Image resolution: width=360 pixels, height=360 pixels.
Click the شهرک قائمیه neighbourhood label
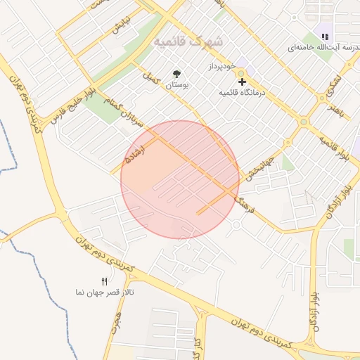pos(189,41)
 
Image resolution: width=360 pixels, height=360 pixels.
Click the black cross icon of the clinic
pos(243,82)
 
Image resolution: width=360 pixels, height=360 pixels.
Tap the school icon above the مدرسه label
pos(325,37)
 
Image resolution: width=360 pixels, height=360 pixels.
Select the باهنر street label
pos(337,108)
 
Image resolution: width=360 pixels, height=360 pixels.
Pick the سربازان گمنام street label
pos(115,112)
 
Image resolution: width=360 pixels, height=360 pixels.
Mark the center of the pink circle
pos(180,179)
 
